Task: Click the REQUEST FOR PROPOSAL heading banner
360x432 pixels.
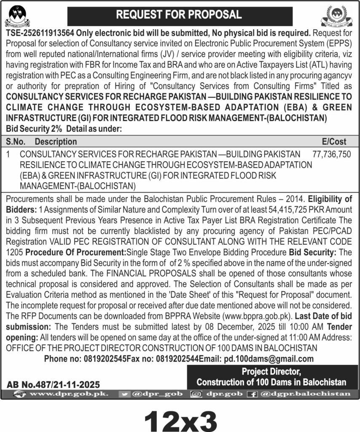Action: [179, 15]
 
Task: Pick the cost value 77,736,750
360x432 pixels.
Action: [332, 155]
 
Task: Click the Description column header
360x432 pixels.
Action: [56, 141]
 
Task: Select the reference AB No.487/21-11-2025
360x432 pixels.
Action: [53, 384]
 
